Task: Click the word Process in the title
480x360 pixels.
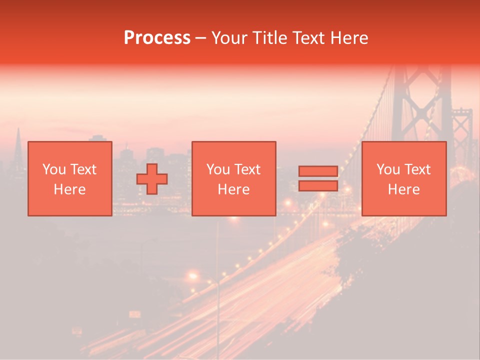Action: pyautogui.click(x=157, y=38)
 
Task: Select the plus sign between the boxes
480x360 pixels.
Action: pyautogui.click(x=152, y=179)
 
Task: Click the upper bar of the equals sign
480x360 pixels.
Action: pyautogui.click(x=318, y=171)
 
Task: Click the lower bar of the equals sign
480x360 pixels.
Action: pyautogui.click(x=318, y=186)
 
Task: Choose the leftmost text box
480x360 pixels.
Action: pyautogui.click(x=69, y=178)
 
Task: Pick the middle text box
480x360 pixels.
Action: pyautogui.click(x=233, y=178)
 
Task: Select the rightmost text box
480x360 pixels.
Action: pyautogui.click(x=403, y=178)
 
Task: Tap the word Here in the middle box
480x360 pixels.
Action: pyautogui.click(x=233, y=189)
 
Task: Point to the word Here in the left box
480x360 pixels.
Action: pyautogui.click(x=69, y=189)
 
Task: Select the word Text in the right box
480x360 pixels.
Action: pyautogui.click(x=416, y=169)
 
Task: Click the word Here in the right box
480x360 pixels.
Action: pyautogui.click(x=403, y=189)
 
